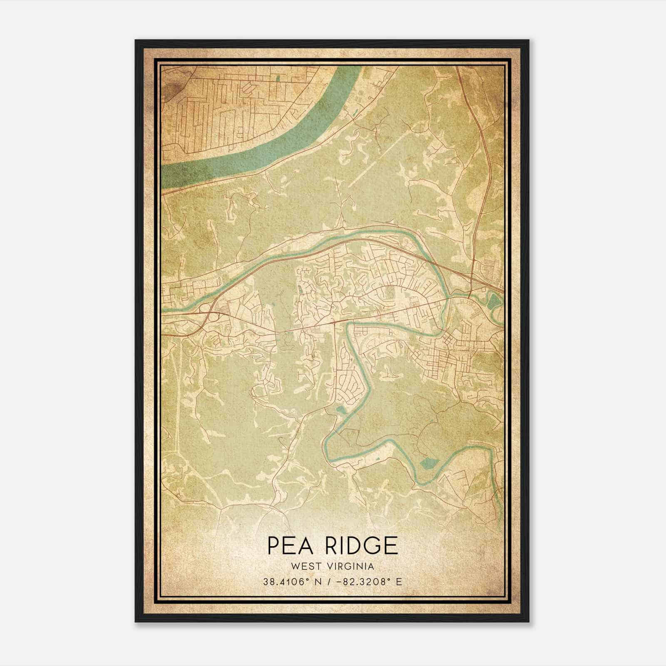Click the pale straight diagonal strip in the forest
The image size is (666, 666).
point(375,160)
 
